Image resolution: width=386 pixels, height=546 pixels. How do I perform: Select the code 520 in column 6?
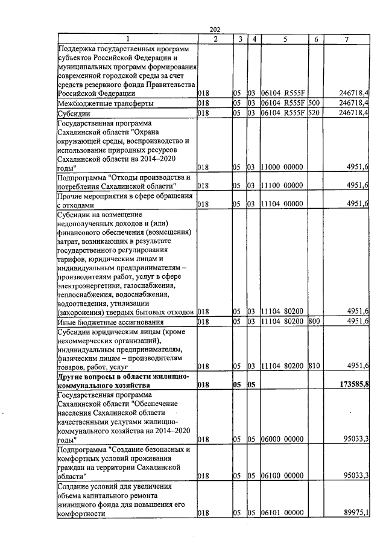click(313, 113)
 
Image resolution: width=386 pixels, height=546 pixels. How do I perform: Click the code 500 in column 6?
click(313, 103)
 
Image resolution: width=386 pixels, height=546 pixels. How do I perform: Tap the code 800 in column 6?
click(313, 322)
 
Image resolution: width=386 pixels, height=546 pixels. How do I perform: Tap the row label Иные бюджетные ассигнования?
click(109, 322)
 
